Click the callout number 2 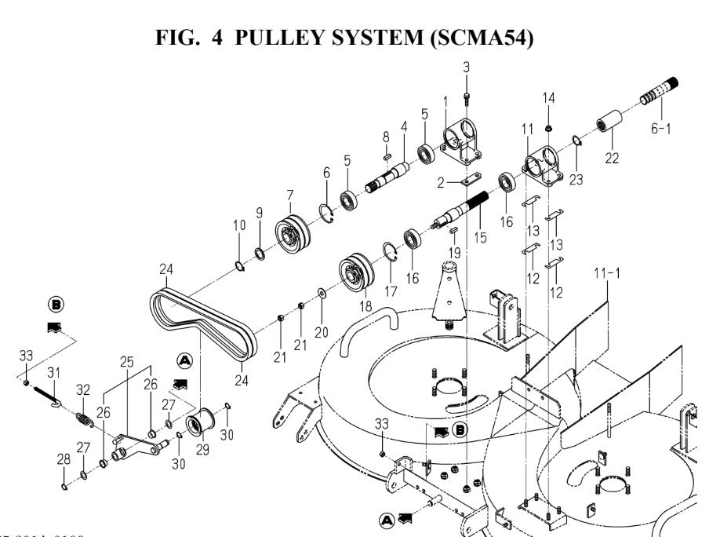click(x=441, y=181)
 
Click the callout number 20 click(x=322, y=310)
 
